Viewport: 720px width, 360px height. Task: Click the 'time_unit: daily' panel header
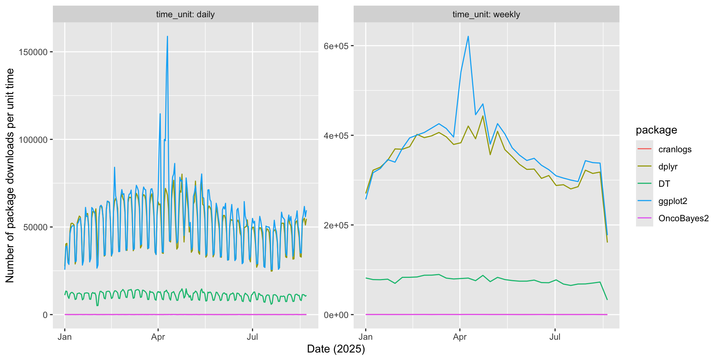185,15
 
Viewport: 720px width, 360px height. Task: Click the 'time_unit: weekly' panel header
486,15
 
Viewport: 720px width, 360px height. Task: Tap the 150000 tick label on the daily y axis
33,52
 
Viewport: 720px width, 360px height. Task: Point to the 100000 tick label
33,140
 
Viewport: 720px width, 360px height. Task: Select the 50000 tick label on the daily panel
35,227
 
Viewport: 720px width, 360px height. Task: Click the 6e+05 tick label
336,46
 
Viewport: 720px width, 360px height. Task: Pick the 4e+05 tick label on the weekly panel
336,135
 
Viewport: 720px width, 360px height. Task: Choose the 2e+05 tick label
336,225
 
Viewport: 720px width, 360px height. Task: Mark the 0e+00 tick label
336,315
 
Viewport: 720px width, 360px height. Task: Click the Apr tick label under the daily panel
158,337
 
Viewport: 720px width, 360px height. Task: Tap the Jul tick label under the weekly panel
555,337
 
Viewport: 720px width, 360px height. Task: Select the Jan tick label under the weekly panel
366,337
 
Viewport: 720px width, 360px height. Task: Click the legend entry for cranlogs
675,149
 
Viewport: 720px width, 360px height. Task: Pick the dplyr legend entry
668,166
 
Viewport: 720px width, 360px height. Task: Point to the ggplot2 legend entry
673,201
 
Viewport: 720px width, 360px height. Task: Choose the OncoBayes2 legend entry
683,218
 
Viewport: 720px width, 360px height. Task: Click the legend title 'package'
656,130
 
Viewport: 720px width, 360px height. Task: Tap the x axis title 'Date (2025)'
336,349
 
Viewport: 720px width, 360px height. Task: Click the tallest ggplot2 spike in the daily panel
167,37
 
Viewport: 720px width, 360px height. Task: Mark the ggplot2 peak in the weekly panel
468,37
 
